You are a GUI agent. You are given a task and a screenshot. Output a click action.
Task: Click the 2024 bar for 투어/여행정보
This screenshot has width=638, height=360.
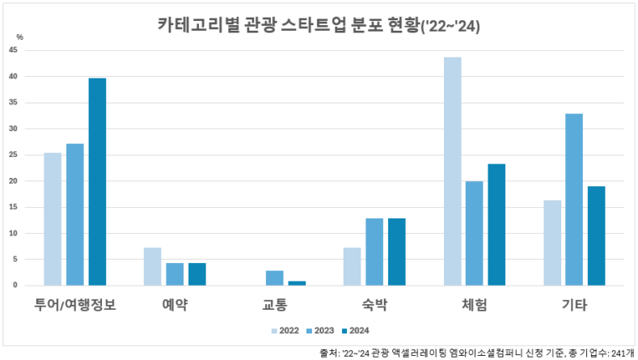(97, 182)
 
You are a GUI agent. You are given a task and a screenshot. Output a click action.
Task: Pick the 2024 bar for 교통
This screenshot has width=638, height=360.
(297, 283)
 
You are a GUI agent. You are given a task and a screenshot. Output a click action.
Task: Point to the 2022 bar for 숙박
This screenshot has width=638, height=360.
(352, 267)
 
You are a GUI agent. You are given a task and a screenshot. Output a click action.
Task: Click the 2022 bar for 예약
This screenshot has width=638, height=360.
(152, 267)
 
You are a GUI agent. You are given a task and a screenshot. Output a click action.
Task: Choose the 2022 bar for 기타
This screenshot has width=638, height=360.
(552, 243)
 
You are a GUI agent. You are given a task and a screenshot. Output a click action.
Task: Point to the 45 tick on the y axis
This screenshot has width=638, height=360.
(13, 50)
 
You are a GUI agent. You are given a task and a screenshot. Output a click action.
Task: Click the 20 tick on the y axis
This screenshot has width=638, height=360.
(13, 181)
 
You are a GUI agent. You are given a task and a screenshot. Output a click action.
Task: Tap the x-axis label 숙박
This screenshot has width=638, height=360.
(374, 305)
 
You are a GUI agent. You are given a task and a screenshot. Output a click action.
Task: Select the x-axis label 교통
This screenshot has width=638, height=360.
(274, 305)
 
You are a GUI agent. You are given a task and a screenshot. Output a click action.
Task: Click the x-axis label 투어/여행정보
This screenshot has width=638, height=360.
(75, 305)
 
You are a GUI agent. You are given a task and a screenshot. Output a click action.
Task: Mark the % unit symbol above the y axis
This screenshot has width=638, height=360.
(20, 37)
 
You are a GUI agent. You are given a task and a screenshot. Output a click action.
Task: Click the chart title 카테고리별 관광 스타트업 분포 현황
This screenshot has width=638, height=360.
(319, 25)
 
